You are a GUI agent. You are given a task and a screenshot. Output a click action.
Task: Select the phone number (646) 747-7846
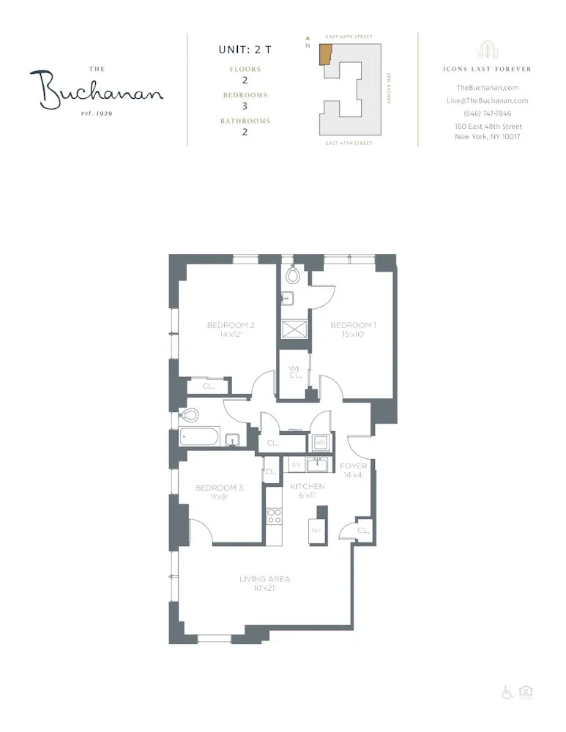487,113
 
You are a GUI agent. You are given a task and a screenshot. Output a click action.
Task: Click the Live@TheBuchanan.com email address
487,101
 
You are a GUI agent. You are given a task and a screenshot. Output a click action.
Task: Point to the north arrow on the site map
308,40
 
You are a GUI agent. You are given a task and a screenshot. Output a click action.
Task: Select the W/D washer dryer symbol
320,443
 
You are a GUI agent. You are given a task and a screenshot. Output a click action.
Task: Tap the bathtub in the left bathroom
199,438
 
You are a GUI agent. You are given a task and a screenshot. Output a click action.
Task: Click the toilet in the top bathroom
292,275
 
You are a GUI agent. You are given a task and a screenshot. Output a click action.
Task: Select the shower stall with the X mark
294,329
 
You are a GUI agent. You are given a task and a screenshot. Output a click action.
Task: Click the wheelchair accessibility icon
507,692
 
